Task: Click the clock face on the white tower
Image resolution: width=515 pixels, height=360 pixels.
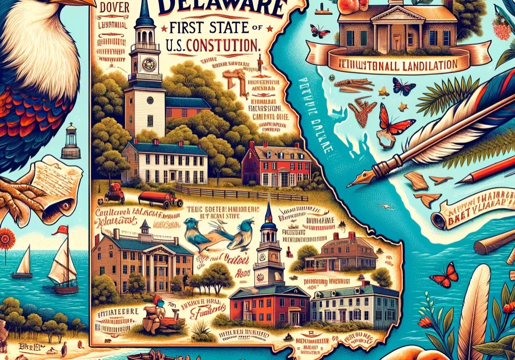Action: point(149,64)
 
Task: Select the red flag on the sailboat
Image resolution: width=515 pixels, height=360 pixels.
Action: point(62,230)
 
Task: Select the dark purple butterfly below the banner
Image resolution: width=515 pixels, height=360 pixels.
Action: point(404,87)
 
